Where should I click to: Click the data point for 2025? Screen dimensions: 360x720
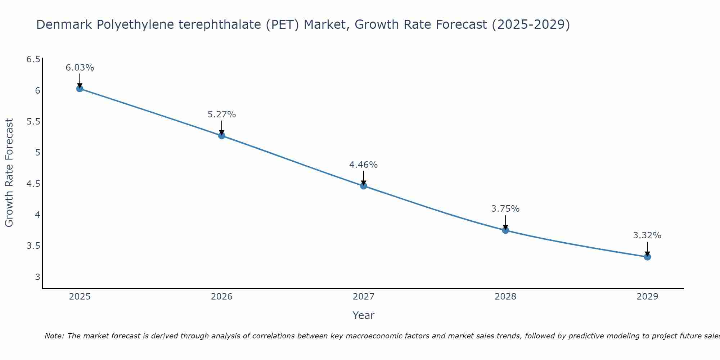(x=80, y=89)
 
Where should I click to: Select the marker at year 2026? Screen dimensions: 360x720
(x=222, y=136)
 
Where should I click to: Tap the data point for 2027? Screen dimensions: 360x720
(x=364, y=186)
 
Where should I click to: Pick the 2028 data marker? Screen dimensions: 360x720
(x=505, y=230)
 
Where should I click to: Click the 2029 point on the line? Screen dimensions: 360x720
(x=647, y=257)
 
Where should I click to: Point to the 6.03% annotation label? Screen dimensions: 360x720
(x=80, y=68)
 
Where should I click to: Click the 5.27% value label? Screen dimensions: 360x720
(x=222, y=114)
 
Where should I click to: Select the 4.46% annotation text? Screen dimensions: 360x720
(x=364, y=165)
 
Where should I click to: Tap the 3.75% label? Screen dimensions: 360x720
(x=505, y=209)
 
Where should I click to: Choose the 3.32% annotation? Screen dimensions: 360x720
(x=647, y=235)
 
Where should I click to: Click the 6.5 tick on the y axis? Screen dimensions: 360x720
(x=33, y=59)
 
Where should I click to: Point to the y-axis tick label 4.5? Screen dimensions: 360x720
(x=33, y=184)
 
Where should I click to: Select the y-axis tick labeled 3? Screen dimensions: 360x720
(x=37, y=277)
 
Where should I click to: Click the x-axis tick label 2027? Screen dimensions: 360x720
(x=364, y=297)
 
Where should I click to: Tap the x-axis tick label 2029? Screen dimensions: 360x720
(x=647, y=297)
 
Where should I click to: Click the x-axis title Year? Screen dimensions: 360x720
(x=364, y=315)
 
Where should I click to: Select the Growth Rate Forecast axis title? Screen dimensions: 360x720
(x=9, y=173)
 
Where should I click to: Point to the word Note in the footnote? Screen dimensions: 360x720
(x=54, y=336)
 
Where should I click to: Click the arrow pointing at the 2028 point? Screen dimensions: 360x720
(x=505, y=222)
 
